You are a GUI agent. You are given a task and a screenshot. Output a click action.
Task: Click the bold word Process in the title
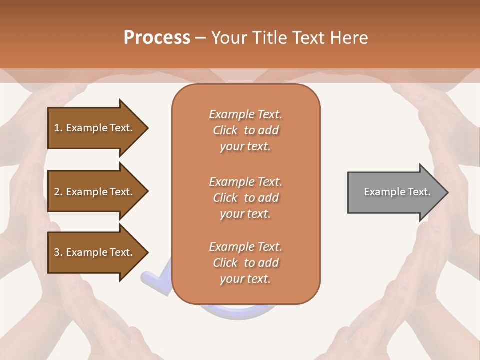pos(157,38)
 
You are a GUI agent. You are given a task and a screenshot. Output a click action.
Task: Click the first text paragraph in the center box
pos(245,130)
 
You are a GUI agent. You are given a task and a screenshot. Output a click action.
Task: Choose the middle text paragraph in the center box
pos(245,197)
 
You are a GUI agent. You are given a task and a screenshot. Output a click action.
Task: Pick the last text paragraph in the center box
pos(245,263)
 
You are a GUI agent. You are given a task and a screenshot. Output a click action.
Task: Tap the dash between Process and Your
pos(200,38)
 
